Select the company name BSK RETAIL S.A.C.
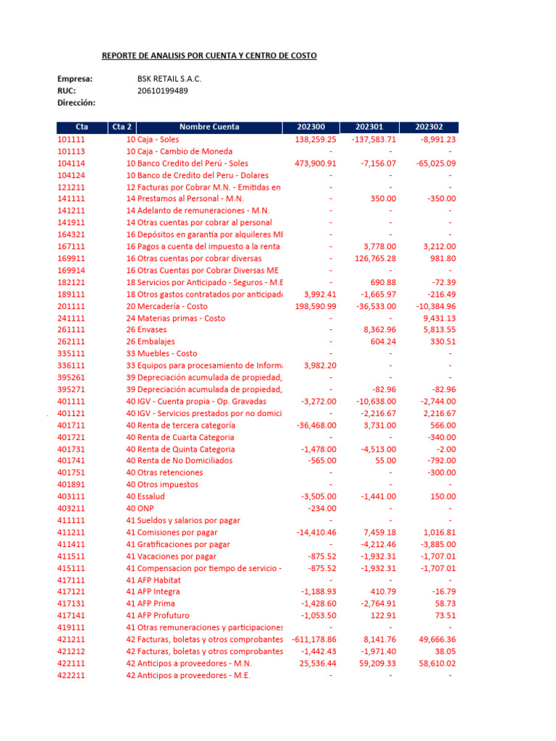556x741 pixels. [x=169, y=79]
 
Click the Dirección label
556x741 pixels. [x=76, y=103]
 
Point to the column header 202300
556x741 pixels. [x=311, y=127]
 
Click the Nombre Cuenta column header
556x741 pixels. [x=209, y=127]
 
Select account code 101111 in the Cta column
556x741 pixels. [x=71, y=140]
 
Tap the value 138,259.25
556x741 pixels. [x=316, y=140]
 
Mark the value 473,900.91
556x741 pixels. [x=316, y=164]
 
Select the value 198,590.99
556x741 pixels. [x=316, y=306]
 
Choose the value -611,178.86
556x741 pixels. [x=314, y=640]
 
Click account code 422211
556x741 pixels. [x=71, y=675]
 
